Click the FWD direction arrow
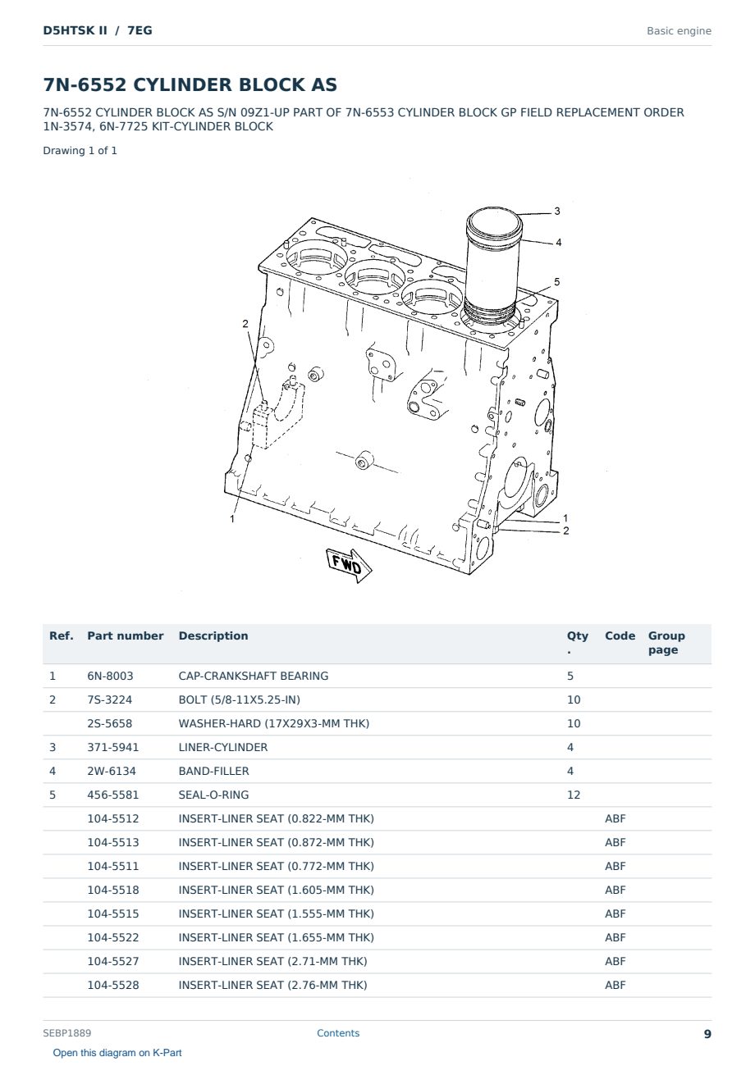pos(349,565)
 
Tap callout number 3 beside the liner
pos(557,211)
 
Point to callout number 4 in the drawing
pos(559,242)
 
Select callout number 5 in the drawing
pos(557,282)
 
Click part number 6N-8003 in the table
pos(110,676)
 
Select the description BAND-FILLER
pos(213,771)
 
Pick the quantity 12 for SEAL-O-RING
pos(574,795)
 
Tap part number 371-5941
pos(113,747)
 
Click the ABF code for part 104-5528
pos(615,985)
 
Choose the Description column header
pos(213,635)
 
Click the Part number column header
pos(126,635)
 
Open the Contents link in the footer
pos(338,1032)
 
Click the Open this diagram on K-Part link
pos(117,1052)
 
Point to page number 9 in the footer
pos(707,1034)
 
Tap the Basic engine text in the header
pos(679,31)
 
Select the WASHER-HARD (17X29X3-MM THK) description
pos(274,723)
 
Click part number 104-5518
pos(113,890)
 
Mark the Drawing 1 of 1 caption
pos(80,151)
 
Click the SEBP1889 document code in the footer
pos(67,1032)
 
